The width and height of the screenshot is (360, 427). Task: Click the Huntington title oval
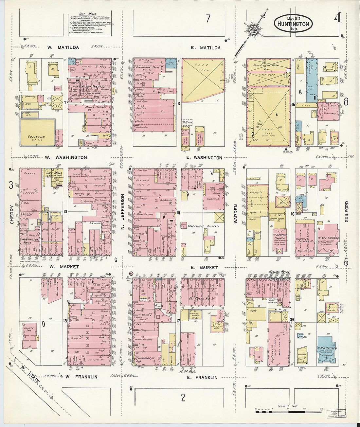293,24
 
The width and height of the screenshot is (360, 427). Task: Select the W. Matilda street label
63,47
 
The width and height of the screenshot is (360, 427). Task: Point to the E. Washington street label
204,158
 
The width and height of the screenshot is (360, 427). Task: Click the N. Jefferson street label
123,211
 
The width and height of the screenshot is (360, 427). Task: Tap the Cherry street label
12,214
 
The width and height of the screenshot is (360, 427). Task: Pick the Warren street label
235,214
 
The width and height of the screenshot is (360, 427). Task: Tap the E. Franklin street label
202,377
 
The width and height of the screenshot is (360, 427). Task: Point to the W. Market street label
64,267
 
